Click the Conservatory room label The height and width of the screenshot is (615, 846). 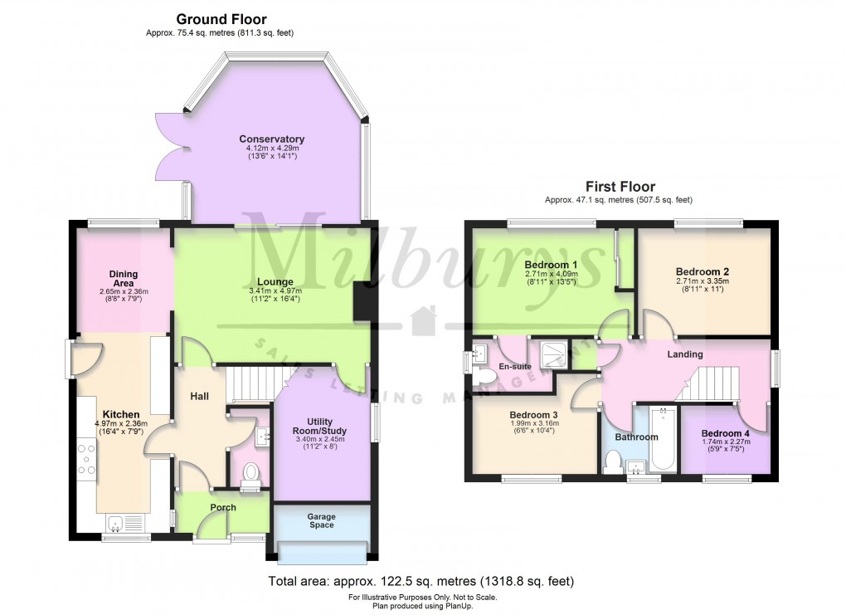(271, 139)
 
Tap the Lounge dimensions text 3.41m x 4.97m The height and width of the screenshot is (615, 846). (275, 291)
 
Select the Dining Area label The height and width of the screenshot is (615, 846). (124, 279)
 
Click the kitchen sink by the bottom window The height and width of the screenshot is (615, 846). (117, 523)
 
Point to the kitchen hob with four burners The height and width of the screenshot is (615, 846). (87, 459)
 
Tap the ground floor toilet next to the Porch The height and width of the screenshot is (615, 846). (250, 473)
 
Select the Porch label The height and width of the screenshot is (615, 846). (223, 507)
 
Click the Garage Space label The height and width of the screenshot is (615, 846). (321, 520)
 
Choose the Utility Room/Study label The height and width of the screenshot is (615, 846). (321, 427)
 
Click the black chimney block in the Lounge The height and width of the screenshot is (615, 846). (362, 301)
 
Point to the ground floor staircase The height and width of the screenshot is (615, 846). (249, 384)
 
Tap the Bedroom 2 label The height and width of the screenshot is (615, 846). (702, 271)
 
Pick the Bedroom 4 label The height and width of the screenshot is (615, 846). (725, 433)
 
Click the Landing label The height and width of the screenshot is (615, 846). (685, 354)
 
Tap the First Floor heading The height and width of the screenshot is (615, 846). (620, 187)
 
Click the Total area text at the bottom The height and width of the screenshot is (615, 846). (421, 582)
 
